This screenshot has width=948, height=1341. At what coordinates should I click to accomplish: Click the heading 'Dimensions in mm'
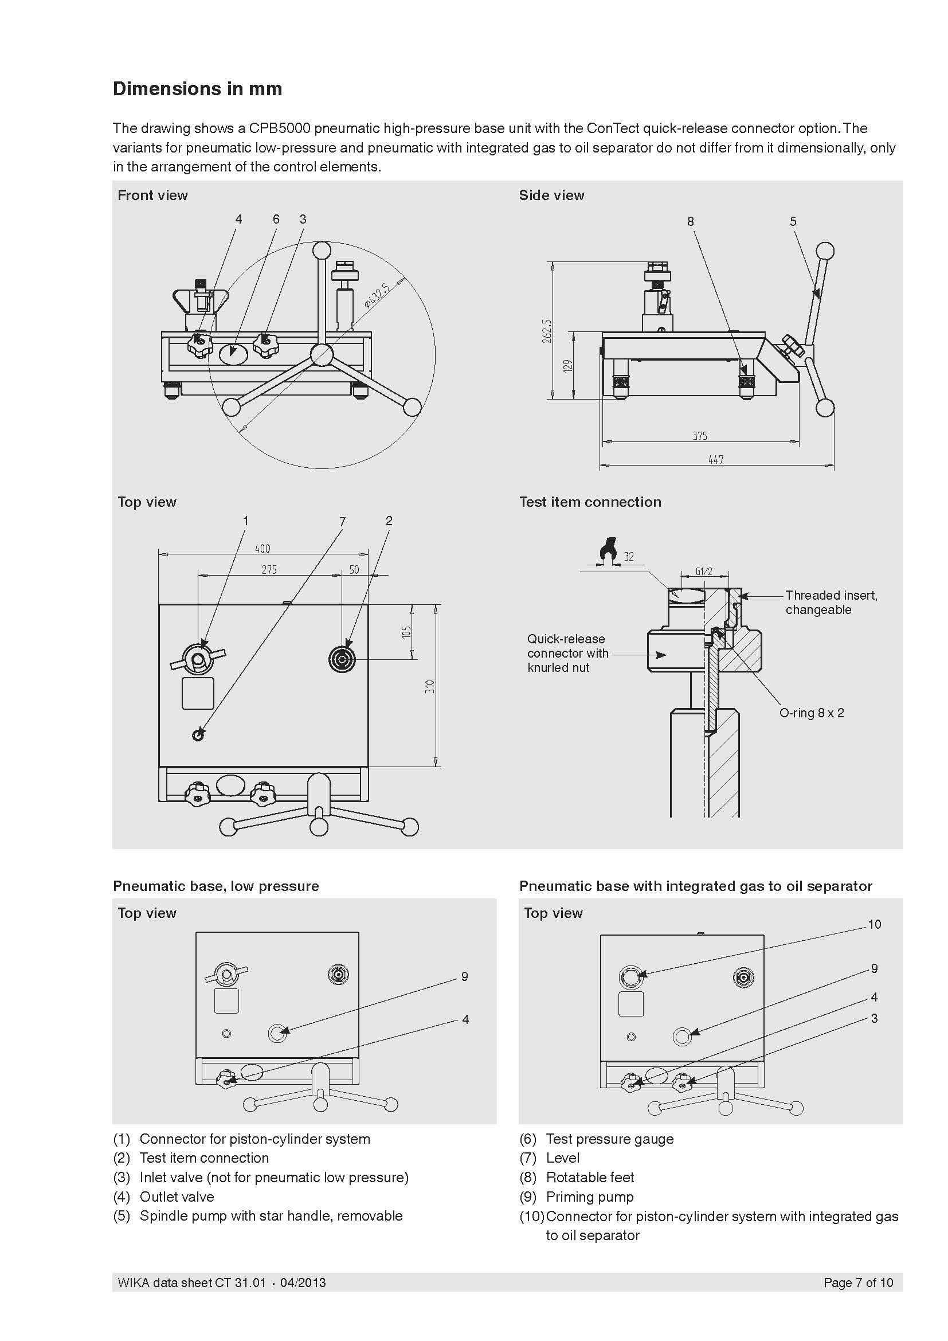click(x=197, y=89)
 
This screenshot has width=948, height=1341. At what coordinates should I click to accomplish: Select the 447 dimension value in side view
click(x=716, y=460)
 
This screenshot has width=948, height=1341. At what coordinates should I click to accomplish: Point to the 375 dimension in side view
click(x=700, y=436)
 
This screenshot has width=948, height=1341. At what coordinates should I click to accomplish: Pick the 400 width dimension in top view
click(x=263, y=549)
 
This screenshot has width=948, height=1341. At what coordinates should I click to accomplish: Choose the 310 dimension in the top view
click(x=430, y=686)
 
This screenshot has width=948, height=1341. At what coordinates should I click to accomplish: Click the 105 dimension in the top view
click(x=407, y=632)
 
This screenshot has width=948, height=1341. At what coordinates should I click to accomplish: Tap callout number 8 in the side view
click(x=691, y=221)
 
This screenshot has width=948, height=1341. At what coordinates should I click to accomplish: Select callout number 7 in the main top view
click(x=343, y=522)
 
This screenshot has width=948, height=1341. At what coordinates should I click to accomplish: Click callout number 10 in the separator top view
click(x=874, y=924)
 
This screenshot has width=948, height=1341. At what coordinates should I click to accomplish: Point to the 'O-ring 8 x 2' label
click(x=812, y=713)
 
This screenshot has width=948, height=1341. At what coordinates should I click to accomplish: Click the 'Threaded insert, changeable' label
click(x=831, y=602)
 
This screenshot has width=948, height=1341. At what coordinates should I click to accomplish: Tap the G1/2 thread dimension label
click(x=704, y=572)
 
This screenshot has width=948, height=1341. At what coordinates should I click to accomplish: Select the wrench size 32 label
click(x=629, y=557)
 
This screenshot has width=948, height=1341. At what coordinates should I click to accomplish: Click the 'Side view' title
click(x=551, y=196)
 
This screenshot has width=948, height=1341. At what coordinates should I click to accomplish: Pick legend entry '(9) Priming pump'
click(x=576, y=1197)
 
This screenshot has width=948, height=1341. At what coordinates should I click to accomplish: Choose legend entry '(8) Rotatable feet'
click(x=576, y=1178)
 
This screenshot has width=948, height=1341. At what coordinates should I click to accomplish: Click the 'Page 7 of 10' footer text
click(x=858, y=1283)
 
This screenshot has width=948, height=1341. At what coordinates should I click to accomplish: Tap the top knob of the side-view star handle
click(x=825, y=252)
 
